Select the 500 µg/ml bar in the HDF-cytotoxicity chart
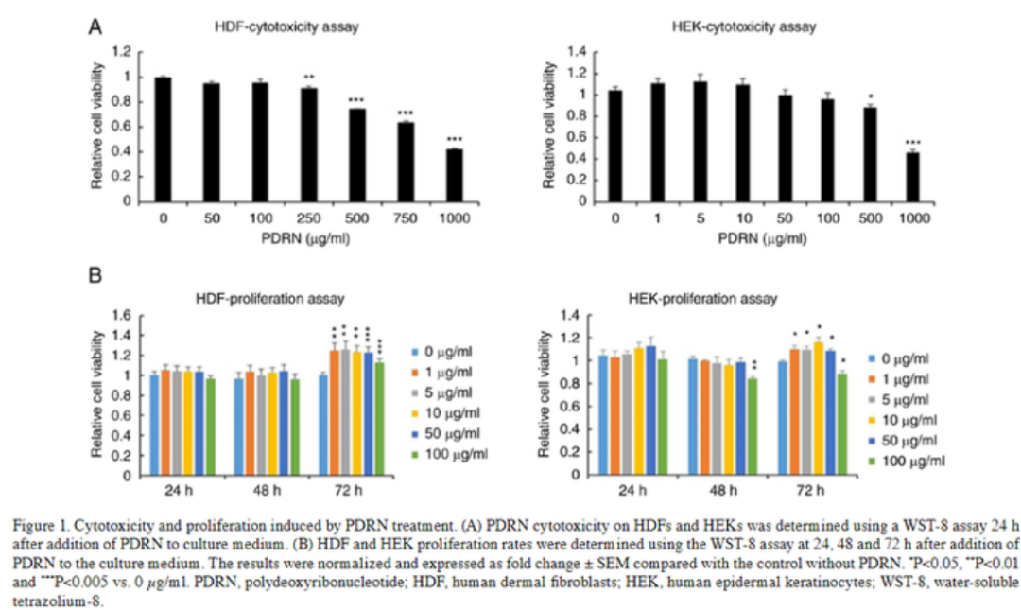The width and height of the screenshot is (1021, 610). point(355,155)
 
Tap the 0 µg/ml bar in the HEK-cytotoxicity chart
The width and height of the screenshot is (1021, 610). point(614,146)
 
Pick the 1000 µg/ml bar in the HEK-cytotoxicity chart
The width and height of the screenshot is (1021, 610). point(913,176)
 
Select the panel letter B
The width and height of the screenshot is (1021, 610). point(95,277)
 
